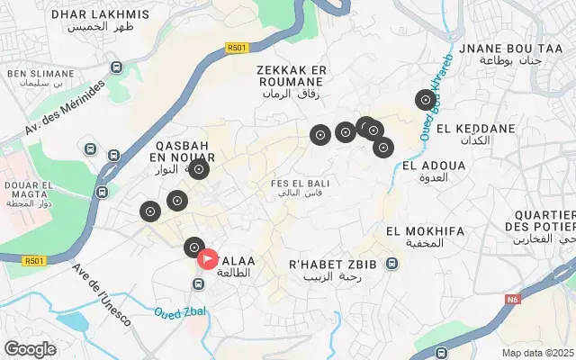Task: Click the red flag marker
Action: (207, 259)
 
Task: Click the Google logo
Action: (30, 348)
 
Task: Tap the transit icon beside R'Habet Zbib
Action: (391, 264)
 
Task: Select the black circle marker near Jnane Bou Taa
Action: (425, 101)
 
